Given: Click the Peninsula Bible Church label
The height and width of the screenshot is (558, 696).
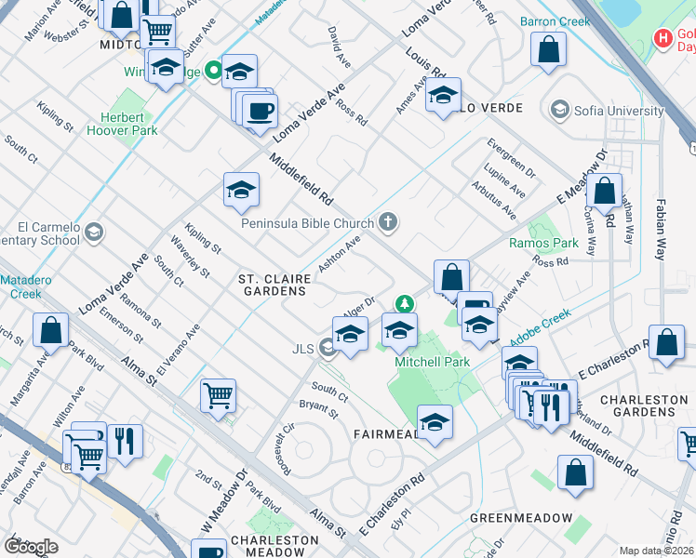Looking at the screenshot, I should coord(307,223).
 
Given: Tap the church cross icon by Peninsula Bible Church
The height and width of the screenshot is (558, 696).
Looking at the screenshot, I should coord(388,222).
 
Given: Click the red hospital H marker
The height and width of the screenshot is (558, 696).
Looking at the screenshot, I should coord(663,38).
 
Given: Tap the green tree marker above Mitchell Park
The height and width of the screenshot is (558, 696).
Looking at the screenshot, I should coord(404,303).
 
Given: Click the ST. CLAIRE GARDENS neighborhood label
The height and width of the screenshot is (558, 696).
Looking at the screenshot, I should coord(272,285).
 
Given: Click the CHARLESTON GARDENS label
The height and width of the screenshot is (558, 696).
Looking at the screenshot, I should coord(644,406).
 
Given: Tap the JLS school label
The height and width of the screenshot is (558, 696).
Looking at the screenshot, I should coord(302,349).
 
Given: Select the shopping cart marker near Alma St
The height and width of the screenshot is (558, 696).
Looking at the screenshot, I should coord(218,395).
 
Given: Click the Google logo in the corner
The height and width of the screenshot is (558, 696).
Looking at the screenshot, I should coord(30,547).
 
